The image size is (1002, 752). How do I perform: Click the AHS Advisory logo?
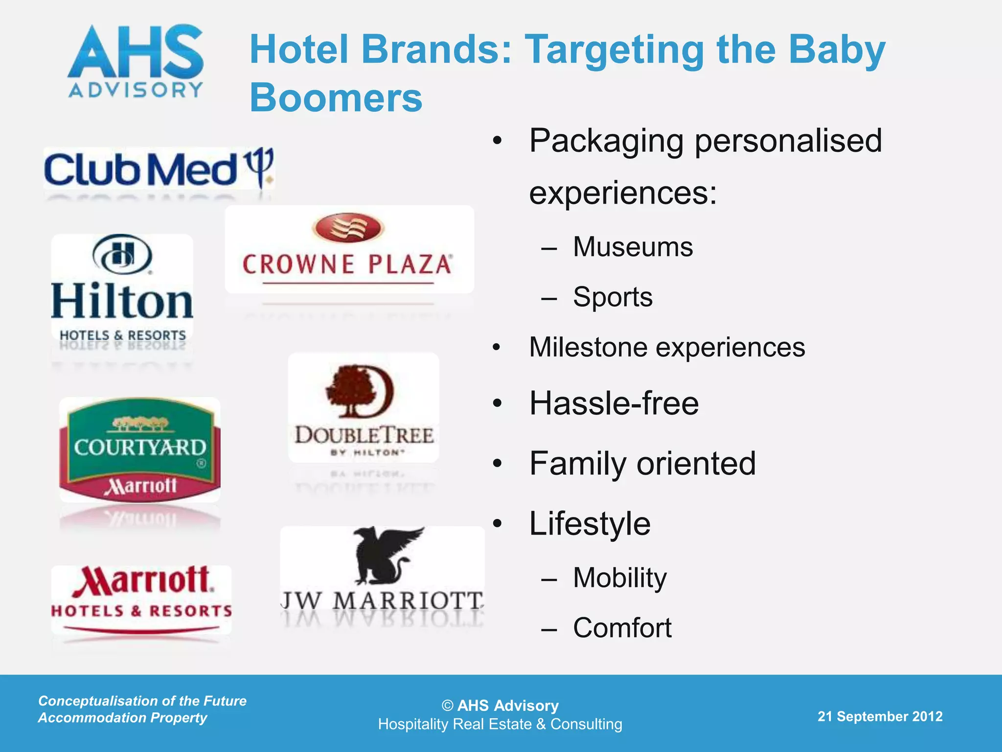136,61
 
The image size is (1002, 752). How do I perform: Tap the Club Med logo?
159,169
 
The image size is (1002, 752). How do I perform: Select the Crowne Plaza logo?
348,250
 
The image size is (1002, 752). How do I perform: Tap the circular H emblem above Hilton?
122,255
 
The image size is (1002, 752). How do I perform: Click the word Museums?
633,247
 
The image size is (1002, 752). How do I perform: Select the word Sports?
613,297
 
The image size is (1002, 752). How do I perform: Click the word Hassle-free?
614,404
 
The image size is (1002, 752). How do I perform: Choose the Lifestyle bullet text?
590,524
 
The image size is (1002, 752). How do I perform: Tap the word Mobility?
620,578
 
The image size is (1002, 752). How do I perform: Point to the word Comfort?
622,628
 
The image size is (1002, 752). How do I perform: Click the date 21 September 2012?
880,717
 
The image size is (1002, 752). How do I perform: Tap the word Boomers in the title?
336,98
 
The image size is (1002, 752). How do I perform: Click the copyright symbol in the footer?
447,705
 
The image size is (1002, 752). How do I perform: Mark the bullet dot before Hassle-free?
497,404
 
